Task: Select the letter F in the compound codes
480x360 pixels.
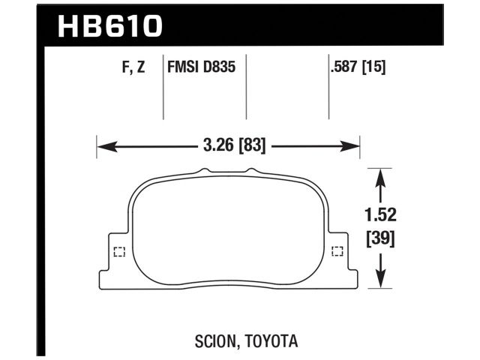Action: point(123,67)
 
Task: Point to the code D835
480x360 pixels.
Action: point(220,67)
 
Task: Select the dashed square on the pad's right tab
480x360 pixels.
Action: point(337,251)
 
